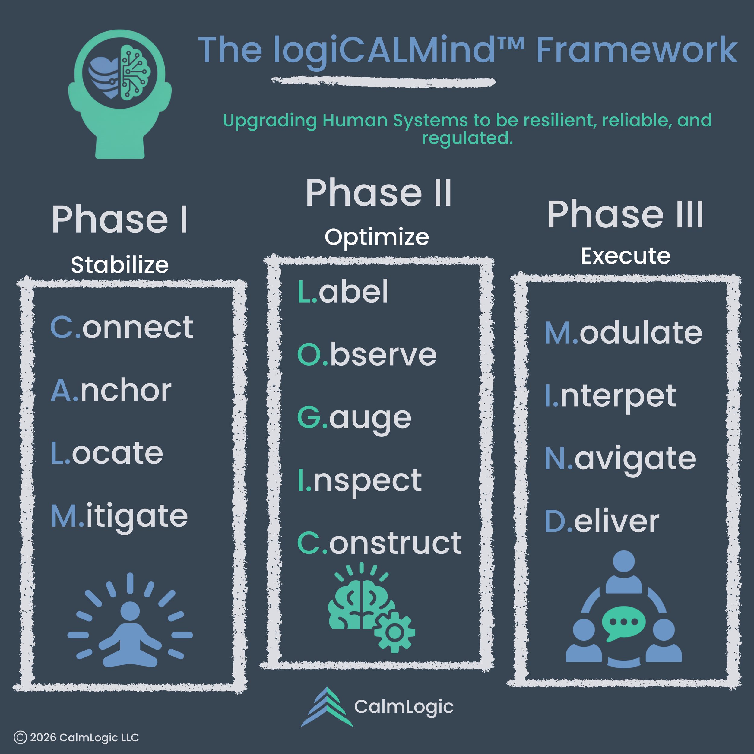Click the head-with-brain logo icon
tap(119, 94)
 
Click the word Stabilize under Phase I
tap(120, 265)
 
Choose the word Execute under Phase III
tap(625, 256)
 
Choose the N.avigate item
tap(620, 459)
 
